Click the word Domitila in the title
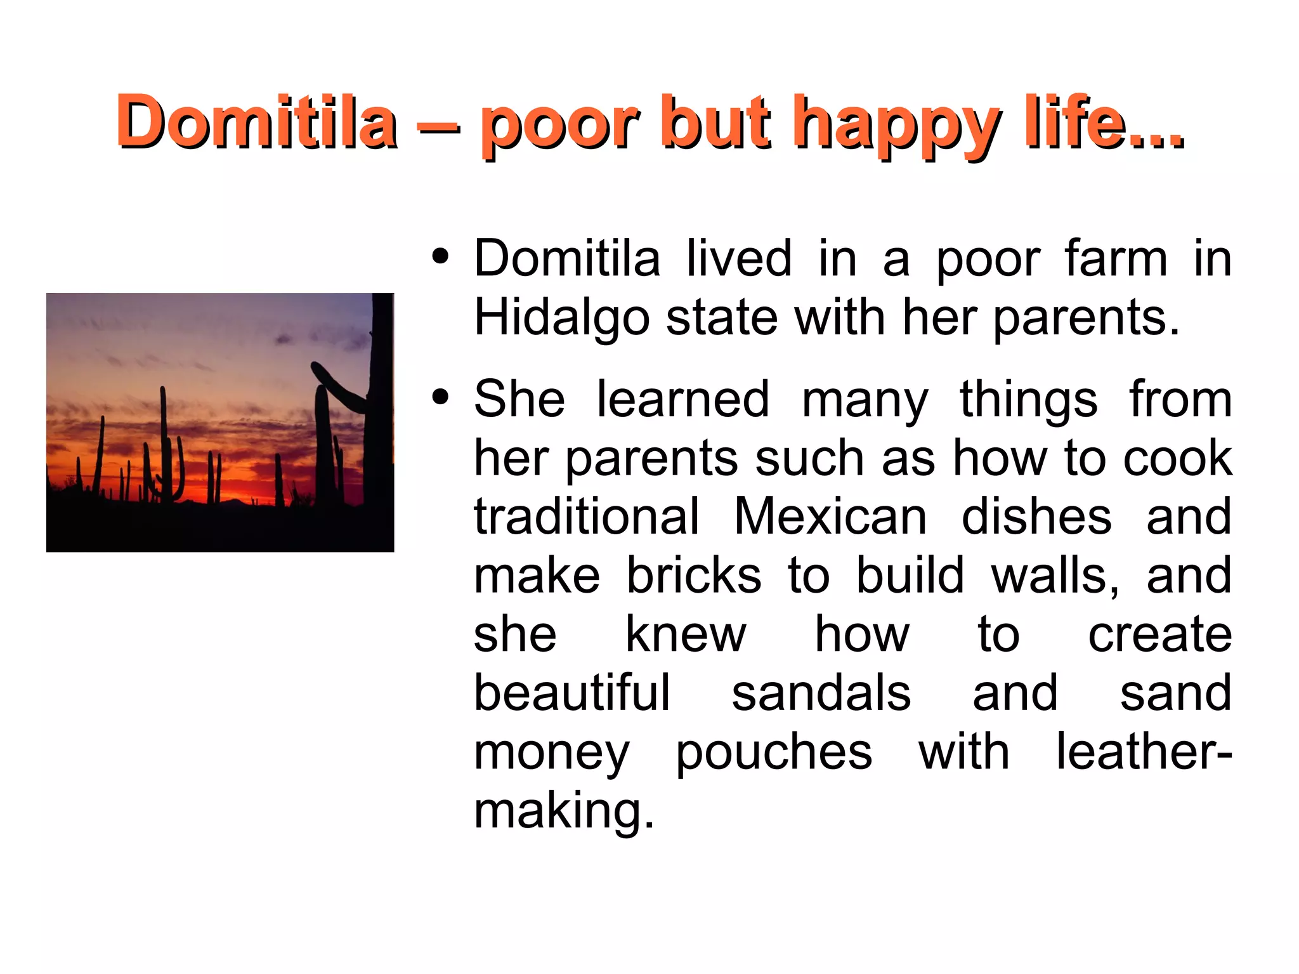coord(256,121)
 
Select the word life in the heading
coord(1092,121)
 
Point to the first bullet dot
coord(440,258)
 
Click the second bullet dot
coord(440,398)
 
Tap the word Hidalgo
coord(561,318)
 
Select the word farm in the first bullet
coord(1116,258)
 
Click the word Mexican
coord(830,517)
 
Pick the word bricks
coord(694,576)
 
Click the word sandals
coord(821,693)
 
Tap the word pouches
coord(773,753)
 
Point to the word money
coord(552,754)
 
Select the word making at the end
coord(563,812)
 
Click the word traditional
coord(586,517)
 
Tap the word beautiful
coord(571,693)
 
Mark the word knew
coord(686,634)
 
